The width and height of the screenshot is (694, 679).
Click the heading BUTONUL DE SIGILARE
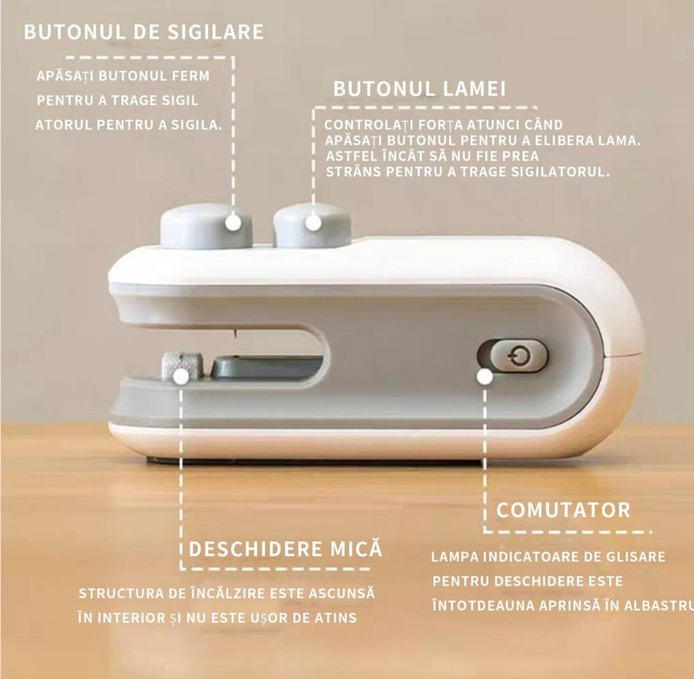pos(144,32)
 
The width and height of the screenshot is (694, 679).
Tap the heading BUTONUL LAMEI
pos(419,88)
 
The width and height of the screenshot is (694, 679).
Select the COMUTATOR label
pos(563,510)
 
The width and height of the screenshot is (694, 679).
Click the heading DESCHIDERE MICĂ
pos(286,548)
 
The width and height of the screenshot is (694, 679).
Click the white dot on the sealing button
pos(233,222)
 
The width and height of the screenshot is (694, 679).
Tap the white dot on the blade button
pos(313,222)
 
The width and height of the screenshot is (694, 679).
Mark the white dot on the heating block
pos(180,377)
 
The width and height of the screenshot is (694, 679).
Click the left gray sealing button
pos(206,226)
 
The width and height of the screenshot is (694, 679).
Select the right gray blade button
pos(312,226)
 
